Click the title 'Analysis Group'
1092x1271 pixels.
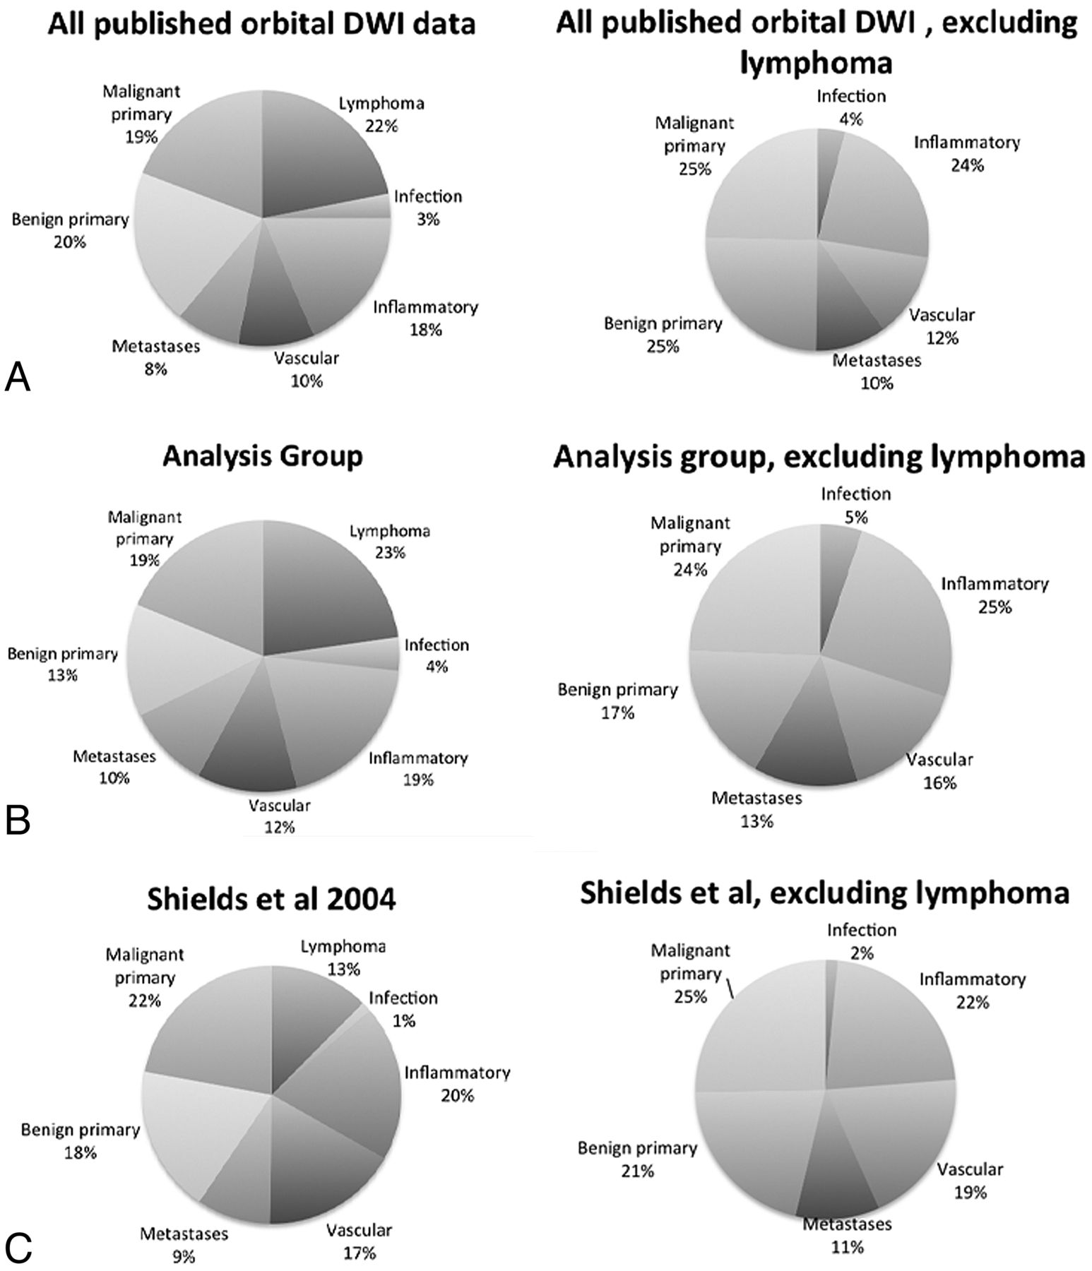click(x=262, y=457)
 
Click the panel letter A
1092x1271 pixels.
click(x=17, y=378)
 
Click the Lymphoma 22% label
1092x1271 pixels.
click(x=381, y=114)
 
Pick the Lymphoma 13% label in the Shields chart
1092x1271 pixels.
click(x=343, y=957)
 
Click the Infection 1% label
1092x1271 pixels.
click(x=403, y=1008)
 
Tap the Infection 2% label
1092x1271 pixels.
click(x=861, y=941)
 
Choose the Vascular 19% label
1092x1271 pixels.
click(x=970, y=1181)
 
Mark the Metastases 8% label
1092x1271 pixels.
click(x=156, y=357)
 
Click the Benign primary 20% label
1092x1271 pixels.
click(x=70, y=230)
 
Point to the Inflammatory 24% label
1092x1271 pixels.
click(x=967, y=154)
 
